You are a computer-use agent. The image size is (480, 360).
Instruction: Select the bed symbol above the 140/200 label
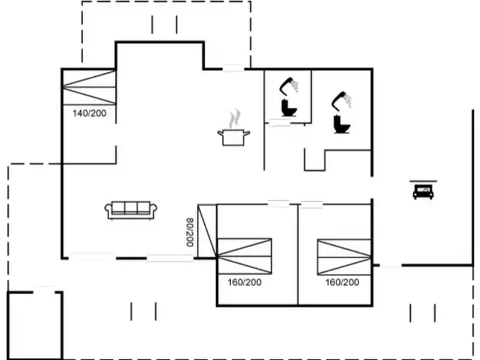point(89,87)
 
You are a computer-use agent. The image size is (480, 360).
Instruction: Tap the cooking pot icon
point(232,136)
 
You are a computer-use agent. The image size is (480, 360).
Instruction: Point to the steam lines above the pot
point(233,117)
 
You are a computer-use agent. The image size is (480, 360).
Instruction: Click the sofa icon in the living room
point(132,210)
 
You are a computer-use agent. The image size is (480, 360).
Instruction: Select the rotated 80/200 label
point(190,233)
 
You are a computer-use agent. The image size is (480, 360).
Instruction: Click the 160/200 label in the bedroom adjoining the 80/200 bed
point(246,282)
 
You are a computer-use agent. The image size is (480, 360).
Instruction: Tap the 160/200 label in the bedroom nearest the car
point(342,282)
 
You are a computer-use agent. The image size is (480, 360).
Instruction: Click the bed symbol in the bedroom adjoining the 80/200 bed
point(245,256)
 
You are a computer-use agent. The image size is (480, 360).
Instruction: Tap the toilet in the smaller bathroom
point(289,109)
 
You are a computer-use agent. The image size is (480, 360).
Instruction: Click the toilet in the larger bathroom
point(341,125)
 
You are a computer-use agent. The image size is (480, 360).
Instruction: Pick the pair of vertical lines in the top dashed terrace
point(164,24)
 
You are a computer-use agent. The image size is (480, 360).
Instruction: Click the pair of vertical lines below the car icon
point(422,313)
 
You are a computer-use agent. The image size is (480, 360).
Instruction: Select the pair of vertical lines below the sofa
point(143,312)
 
